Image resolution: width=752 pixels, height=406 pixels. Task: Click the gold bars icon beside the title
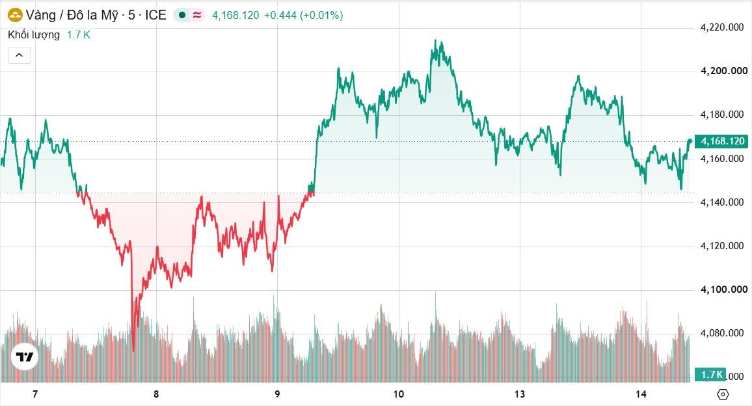16,16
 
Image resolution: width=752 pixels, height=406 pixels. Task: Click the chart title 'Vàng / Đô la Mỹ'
72,16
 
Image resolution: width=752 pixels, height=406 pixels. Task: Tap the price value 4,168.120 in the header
235,16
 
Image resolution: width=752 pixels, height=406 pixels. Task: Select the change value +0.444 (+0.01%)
303,16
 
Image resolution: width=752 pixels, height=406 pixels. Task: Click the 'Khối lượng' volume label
34,34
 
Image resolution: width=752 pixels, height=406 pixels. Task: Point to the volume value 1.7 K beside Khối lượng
79,34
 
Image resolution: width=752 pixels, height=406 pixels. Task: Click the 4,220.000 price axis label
722,27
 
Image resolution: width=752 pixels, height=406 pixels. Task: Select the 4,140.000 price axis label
722,202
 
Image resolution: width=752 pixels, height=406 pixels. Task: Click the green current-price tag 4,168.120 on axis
722,141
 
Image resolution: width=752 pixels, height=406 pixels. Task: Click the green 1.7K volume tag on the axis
711,374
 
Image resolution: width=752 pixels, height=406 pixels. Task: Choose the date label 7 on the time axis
35,394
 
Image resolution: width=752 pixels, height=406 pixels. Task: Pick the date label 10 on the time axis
399,394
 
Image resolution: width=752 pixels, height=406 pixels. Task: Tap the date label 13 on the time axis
520,394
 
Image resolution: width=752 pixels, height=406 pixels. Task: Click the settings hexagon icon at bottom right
723,394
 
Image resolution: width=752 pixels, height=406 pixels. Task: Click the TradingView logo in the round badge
25,357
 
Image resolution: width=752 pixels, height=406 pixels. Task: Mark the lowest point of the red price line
133,350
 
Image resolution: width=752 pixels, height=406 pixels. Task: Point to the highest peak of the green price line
435,41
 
